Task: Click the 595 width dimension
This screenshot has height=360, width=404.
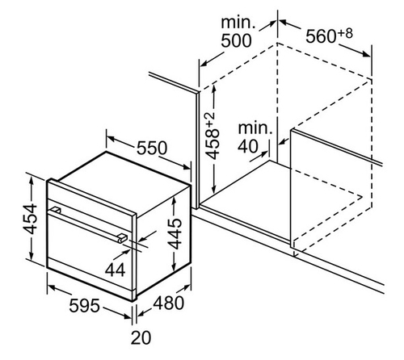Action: coord(84,306)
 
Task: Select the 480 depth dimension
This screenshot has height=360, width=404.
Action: coord(169,303)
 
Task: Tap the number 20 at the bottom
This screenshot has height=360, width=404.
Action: coord(141,337)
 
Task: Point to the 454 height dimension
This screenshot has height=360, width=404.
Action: coord(30,219)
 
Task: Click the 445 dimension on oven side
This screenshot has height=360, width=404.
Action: coord(175,234)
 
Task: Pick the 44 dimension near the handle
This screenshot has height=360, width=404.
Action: coord(116,270)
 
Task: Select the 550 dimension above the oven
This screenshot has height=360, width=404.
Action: coord(152,148)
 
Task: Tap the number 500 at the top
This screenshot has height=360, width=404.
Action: coord(236,41)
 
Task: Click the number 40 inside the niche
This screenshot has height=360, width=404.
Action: coord(248,147)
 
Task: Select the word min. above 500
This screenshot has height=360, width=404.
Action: coord(238,23)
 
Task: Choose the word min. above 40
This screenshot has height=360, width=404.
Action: coord(255,128)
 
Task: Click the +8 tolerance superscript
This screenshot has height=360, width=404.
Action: coord(345,34)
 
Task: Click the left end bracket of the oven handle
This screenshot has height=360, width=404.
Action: coord(57,210)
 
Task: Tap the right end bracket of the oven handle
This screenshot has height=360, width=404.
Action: coord(122,237)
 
